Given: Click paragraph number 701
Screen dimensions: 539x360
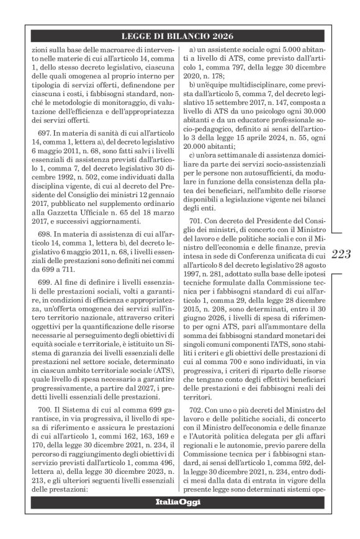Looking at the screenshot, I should tap(203, 222).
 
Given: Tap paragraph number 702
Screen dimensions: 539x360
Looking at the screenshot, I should tap(203, 410).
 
